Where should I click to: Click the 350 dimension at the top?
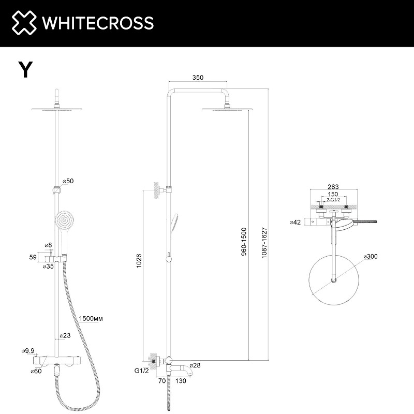(198, 78)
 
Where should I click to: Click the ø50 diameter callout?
(68, 181)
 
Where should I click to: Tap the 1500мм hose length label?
(91, 318)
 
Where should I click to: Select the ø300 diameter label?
(371, 257)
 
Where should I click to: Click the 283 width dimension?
(333, 187)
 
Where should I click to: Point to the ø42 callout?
(295, 222)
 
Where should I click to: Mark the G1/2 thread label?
(141, 371)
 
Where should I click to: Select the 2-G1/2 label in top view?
(333, 200)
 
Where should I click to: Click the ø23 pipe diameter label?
(65, 335)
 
